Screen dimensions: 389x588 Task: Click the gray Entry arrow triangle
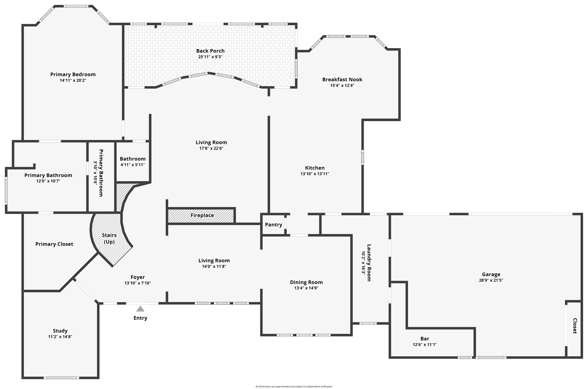point(140,309)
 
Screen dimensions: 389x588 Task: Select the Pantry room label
point(273,225)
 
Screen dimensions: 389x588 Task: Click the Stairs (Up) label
point(109,238)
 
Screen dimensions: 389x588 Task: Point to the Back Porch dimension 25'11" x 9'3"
point(210,57)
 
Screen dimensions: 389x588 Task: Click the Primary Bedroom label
point(73,74)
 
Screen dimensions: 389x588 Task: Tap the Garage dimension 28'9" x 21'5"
point(491,280)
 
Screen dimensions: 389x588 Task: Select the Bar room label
point(425,339)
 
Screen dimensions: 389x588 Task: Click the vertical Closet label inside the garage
point(575,326)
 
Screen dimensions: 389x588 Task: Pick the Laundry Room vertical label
point(369,262)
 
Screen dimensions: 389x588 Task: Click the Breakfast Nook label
point(342,79)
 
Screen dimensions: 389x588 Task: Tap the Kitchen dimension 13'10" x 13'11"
point(315,174)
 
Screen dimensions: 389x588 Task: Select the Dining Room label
point(306,282)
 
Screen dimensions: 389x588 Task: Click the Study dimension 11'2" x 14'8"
point(60,337)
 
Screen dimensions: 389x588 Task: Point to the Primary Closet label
point(54,244)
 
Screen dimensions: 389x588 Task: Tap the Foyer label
point(138,277)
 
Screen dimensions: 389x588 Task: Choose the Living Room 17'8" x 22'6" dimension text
point(211,148)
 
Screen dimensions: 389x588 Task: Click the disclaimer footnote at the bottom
point(294,386)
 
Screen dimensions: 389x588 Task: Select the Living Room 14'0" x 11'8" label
point(214,260)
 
